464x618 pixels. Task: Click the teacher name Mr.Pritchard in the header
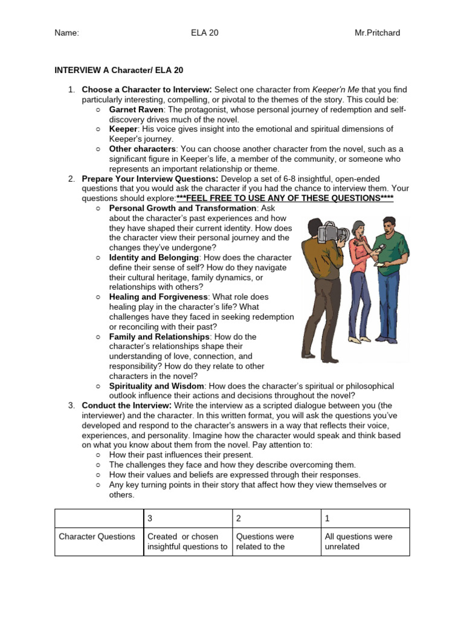pyautogui.click(x=377, y=33)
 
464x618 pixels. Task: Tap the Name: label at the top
pyautogui.click(x=67, y=33)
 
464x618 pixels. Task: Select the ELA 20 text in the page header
pyautogui.click(x=204, y=33)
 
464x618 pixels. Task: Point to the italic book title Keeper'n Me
pyautogui.click(x=336, y=90)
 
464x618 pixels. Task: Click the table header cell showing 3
pyautogui.click(x=150, y=518)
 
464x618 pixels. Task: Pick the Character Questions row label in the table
pyautogui.click(x=97, y=537)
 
